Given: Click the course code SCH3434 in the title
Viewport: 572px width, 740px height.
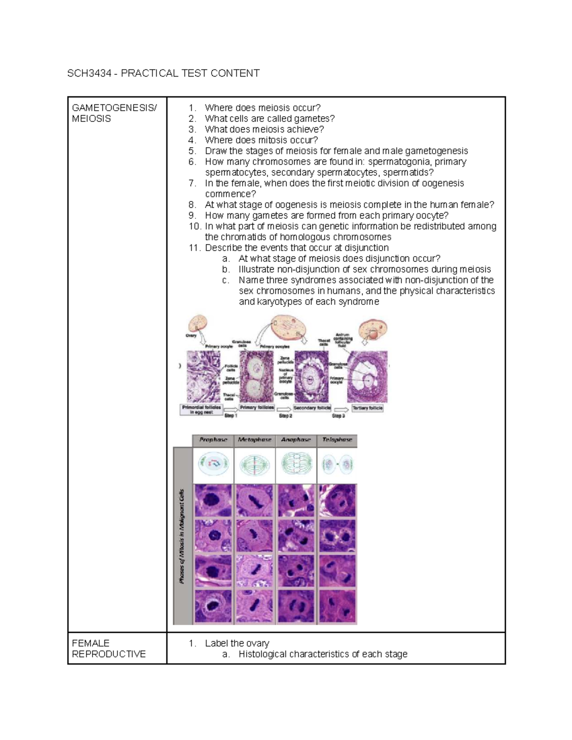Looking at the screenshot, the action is tap(89, 73).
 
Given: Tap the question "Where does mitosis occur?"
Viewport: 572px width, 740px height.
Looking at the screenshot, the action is tap(261, 140).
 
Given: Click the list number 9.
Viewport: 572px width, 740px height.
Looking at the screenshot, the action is tap(192, 215).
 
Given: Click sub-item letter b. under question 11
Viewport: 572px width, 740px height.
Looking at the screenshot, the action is tap(226, 269).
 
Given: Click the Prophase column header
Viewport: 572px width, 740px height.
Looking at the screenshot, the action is tap(213, 440).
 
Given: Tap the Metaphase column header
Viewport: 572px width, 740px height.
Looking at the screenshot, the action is tap(255, 440).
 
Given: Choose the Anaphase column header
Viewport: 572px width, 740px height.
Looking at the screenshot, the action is tap(296, 440).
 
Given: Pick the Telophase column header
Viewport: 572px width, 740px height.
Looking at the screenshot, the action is tap(337, 440).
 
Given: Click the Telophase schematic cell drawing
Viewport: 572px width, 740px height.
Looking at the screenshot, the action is tap(337, 465).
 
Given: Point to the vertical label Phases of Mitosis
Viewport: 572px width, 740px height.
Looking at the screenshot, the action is tap(182, 536).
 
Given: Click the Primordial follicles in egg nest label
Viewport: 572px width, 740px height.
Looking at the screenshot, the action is tap(202, 410).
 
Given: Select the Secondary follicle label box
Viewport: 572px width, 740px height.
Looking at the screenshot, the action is tap(312, 408).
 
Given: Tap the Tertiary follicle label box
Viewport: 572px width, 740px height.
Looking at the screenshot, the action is tap(367, 408).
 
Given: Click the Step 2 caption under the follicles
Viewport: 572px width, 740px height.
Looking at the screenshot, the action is tap(286, 416).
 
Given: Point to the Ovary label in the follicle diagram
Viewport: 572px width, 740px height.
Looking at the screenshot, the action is tap(191, 335).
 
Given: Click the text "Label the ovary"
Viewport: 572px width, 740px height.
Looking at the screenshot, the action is tap(237, 643).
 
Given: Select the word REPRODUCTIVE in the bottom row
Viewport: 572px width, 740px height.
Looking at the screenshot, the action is tap(109, 654).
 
